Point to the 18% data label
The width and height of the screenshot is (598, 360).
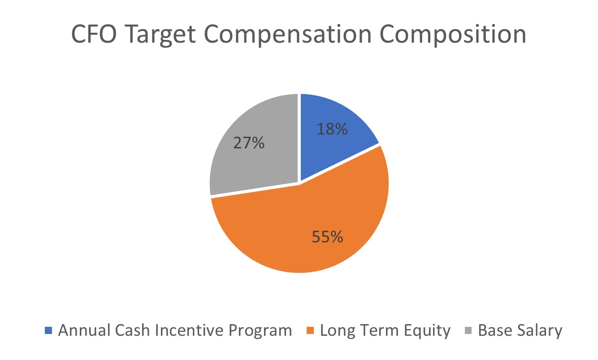coord(332,129)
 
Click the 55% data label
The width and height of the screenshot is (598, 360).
coord(328,236)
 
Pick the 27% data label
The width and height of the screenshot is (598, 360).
coord(249,144)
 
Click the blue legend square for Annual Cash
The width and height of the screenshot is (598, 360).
coord(49,331)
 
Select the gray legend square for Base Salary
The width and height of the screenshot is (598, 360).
coord(469,331)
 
